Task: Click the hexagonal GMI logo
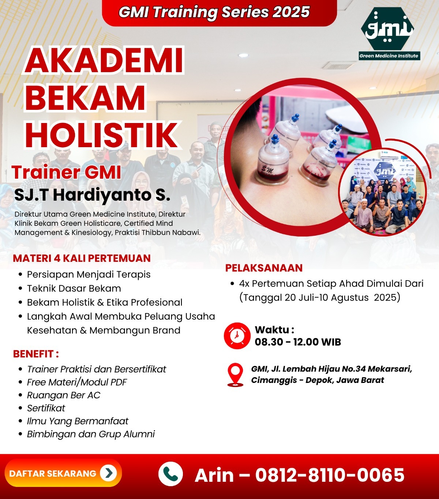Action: pos(387,29)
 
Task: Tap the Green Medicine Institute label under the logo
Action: pos(389,56)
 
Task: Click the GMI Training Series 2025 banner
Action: pos(219,12)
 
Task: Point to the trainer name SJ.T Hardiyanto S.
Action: pos(92,194)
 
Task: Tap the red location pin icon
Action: pos(235,375)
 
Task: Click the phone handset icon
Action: pos(170,474)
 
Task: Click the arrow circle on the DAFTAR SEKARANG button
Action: pos(108,473)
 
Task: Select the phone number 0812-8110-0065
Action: pos(330,474)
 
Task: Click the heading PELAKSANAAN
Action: pos(264,268)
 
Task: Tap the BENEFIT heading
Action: pos(36,354)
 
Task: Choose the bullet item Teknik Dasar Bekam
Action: pos(74,288)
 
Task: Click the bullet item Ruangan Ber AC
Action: pos(64,395)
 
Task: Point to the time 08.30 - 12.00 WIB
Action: pos(298,342)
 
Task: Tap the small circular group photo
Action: pos(382,193)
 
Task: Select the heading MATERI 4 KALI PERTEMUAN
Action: pos(82,258)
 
